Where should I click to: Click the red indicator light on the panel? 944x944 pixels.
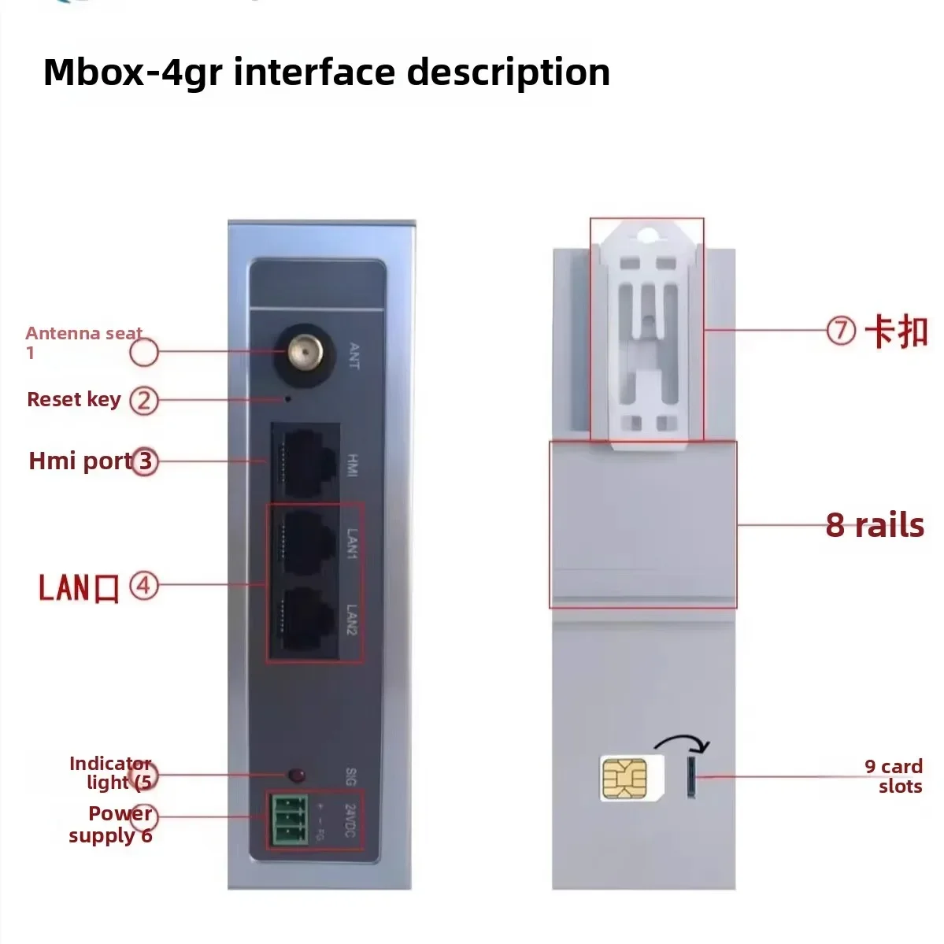(x=297, y=775)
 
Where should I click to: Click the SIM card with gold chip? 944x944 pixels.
(x=625, y=778)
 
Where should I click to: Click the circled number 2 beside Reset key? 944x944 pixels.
(x=143, y=401)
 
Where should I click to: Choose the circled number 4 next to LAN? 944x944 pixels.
(x=144, y=586)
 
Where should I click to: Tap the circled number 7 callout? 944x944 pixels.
(x=841, y=330)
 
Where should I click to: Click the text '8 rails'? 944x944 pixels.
(x=874, y=525)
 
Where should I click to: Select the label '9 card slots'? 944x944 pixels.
(x=894, y=776)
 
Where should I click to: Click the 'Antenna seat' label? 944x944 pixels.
(x=83, y=334)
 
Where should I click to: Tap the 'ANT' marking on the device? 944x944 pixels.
(x=353, y=357)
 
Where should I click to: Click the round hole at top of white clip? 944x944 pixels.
(x=647, y=234)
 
